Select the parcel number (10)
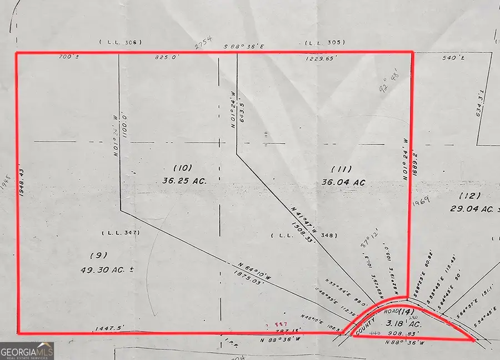coord(182,167)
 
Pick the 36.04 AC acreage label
coord(343,182)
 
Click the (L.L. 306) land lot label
coord(121,42)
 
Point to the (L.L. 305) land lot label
coord(325,42)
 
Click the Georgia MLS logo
coord(27,351)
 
